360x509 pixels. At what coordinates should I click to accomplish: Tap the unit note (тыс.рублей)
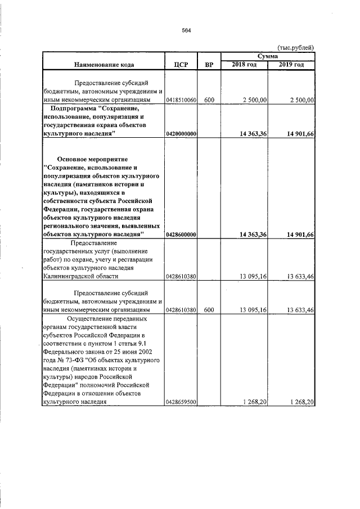pos(296,48)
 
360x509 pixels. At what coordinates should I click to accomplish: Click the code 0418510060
pos(181,100)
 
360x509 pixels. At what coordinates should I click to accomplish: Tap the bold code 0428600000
pos(181,234)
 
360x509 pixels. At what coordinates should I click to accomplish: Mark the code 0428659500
pos(181,402)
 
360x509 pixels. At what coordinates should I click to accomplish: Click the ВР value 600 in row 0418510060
pos(209,100)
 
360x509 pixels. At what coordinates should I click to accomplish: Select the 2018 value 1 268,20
pos(255,402)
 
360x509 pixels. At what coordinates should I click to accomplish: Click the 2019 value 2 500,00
pos(301,100)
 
